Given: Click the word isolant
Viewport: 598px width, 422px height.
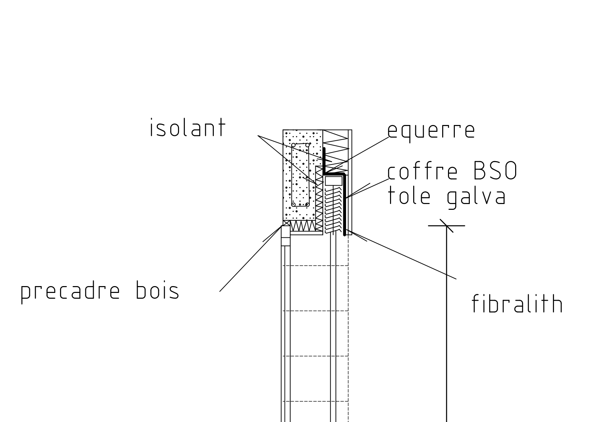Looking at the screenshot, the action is (x=188, y=128).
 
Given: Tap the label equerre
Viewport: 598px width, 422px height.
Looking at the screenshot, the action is (x=431, y=130).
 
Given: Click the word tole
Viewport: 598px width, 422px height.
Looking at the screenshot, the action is (x=409, y=197).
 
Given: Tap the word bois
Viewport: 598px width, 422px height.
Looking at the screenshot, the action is (x=158, y=292).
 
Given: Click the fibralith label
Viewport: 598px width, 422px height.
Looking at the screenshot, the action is (x=517, y=304).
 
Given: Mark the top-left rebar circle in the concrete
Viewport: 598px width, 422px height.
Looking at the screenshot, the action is (x=293, y=145).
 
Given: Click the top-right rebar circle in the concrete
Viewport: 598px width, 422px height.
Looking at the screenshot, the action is (x=307, y=145).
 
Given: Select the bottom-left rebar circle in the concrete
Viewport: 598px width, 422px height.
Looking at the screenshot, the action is (x=293, y=205).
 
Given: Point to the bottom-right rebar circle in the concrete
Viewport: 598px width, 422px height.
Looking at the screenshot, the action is (x=307, y=205).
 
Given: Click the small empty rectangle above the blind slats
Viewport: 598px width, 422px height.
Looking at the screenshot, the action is (x=334, y=181).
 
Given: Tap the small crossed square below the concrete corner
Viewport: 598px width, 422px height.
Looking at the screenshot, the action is (x=286, y=223).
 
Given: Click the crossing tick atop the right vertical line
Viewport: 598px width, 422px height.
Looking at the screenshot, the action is (x=446, y=225).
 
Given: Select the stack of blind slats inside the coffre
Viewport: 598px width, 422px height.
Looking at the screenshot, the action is (x=333, y=209).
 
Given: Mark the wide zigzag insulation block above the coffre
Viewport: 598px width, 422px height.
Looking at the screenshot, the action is (x=336, y=150).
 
